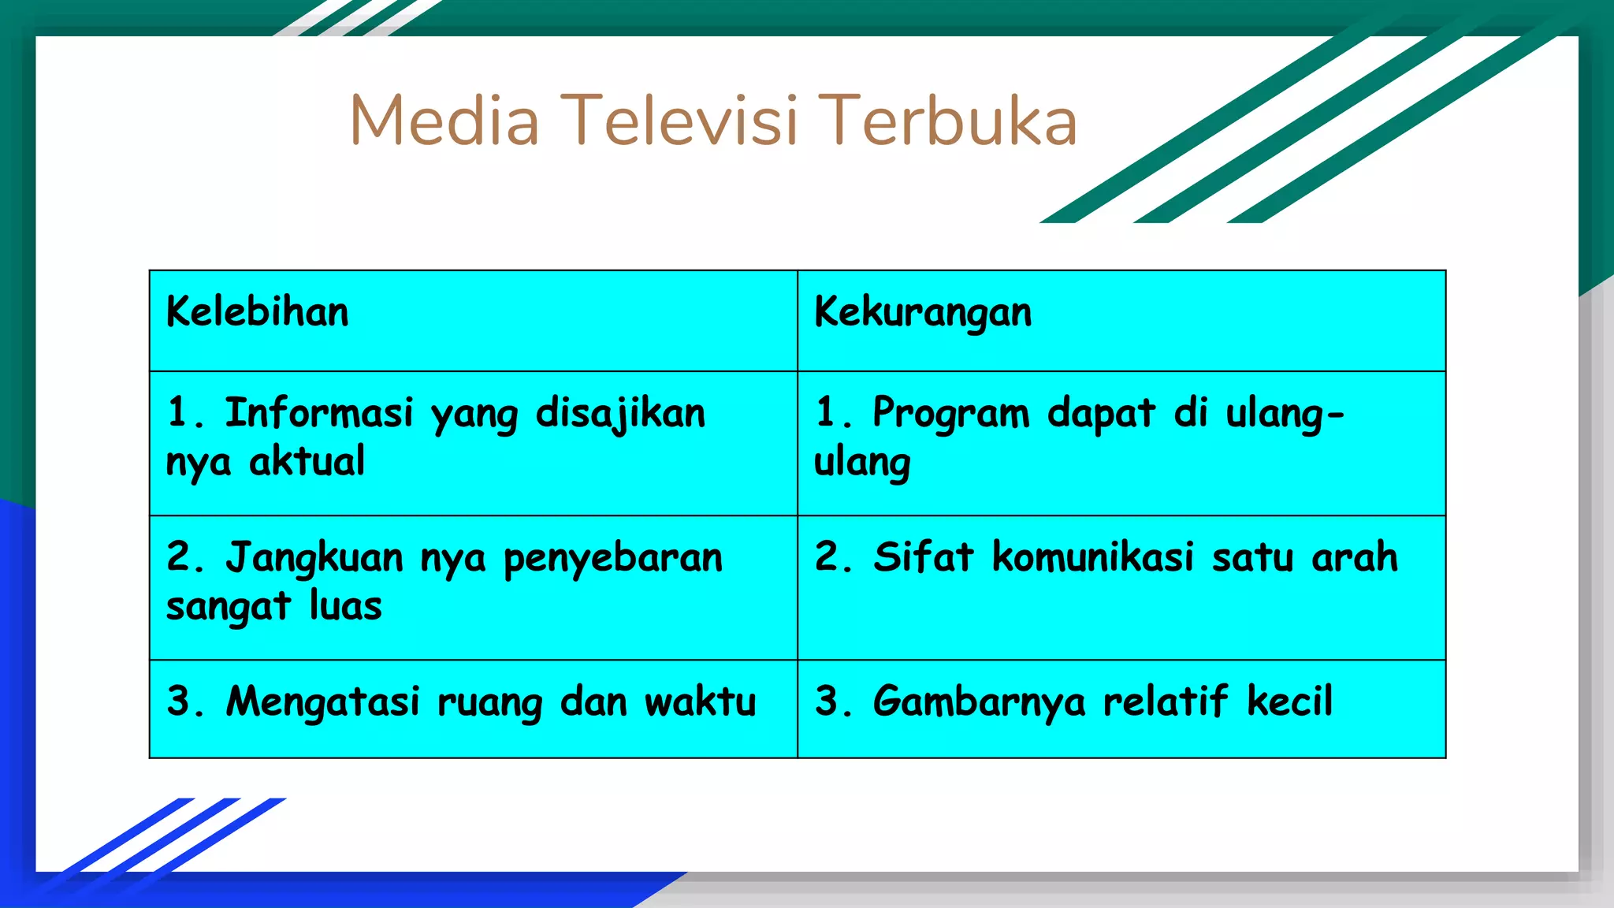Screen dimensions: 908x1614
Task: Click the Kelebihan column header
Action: (257, 312)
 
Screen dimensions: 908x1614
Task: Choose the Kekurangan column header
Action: (923, 312)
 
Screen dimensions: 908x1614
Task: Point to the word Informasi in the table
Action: (319, 413)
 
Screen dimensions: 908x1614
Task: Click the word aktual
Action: (307, 461)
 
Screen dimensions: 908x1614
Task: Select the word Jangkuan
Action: (314, 558)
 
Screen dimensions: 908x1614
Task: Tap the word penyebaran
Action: (612, 558)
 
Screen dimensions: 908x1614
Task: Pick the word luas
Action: (345, 606)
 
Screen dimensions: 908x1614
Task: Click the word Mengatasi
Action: (323, 701)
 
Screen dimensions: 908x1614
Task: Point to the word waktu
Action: (701, 701)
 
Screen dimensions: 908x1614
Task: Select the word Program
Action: (950, 413)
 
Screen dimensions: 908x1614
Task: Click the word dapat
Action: (1101, 413)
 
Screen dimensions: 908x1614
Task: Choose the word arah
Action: (1354, 556)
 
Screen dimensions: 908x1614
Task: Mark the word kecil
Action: (1289, 701)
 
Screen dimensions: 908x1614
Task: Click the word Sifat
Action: (923, 556)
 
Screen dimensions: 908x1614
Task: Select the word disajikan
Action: (620, 413)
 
